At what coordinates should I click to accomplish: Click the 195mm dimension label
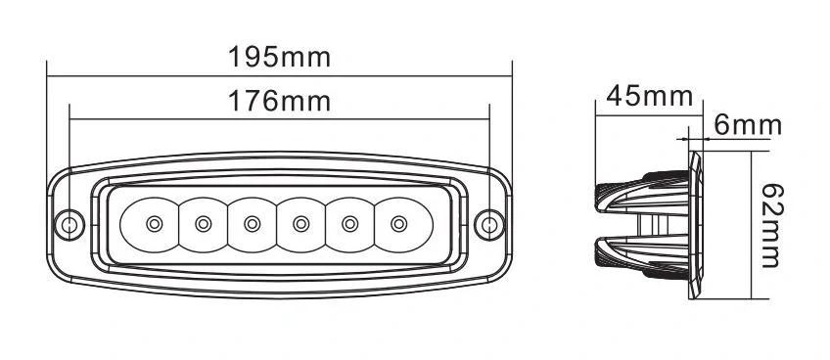click(280, 56)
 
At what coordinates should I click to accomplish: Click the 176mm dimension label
click(280, 100)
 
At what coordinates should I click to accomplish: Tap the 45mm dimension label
click(650, 96)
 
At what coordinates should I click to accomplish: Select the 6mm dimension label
click(748, 125)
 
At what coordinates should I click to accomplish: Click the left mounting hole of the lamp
click(69, 224)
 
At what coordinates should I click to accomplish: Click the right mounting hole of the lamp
click(490, 224)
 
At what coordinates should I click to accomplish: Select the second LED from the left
click(204, 224)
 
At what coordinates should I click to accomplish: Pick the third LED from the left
click(253, 224)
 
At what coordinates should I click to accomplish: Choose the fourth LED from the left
click(300, 224)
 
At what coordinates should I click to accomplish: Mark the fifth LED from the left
click(349, 224)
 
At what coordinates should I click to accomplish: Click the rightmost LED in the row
click(397, 224)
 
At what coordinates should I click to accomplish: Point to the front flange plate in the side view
click(696, 224)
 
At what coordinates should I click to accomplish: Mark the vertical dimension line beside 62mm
click(750, 224)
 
